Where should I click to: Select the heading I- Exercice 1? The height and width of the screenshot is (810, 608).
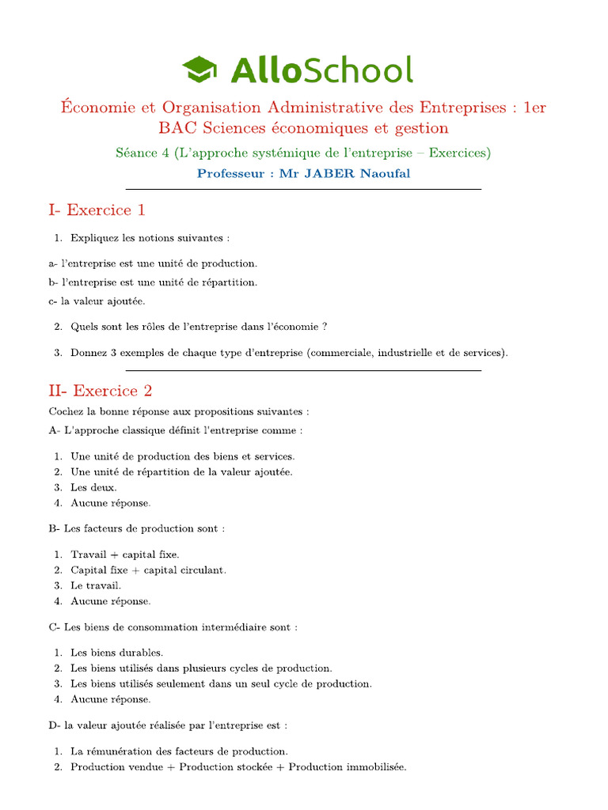click(97, 210)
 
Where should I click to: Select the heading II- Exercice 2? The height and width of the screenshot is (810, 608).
click(101, 390)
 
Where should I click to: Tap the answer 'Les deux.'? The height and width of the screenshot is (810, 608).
click(93, 487)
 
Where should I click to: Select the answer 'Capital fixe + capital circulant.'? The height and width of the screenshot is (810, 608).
click(148, 570)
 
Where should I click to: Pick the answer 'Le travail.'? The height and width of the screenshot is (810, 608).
click(96, 585)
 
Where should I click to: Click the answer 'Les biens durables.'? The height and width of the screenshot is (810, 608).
click(116, 653)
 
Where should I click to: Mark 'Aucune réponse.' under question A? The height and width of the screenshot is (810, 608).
click(110, 502)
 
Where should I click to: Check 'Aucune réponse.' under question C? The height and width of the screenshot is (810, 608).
click(110, 699)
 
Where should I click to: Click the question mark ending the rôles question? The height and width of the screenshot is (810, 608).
click(325, 327)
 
